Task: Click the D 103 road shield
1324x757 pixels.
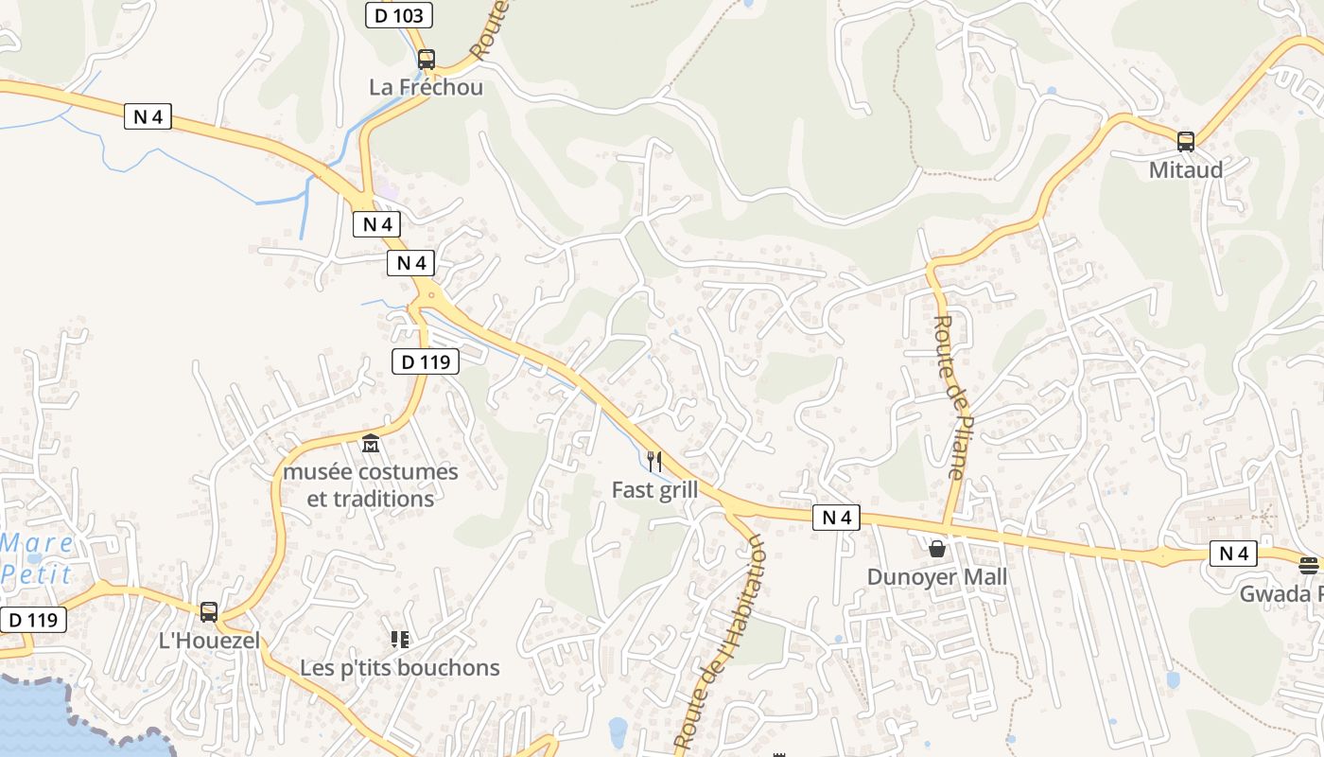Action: pos(399,15)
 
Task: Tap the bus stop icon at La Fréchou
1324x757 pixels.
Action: pos(427,60)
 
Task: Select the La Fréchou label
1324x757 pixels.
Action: pos(426,87)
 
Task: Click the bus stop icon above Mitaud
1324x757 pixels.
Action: pos(1186,142)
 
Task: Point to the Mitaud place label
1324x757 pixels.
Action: pos(1186,170)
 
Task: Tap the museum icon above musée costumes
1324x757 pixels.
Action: pos(371,443)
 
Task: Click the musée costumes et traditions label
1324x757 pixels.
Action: pos(371,484)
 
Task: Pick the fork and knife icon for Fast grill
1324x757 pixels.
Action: pos(653,462)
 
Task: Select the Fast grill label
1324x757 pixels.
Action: pos(654,490)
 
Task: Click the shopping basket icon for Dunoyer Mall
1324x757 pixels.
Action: pos(937,548)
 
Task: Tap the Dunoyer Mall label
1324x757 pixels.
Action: pos(937,577)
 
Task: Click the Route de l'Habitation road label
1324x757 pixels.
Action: pos(721,643)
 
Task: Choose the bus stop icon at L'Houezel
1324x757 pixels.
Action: pos(209,612)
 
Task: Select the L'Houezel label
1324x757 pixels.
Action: pos(209,641)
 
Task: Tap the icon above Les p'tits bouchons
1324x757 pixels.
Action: pos(400,640)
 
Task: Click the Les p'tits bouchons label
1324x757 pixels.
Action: pos(400,668)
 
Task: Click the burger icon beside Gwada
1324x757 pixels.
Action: pos(1309,566)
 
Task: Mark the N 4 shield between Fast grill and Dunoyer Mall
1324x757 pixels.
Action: pos(836,518)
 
